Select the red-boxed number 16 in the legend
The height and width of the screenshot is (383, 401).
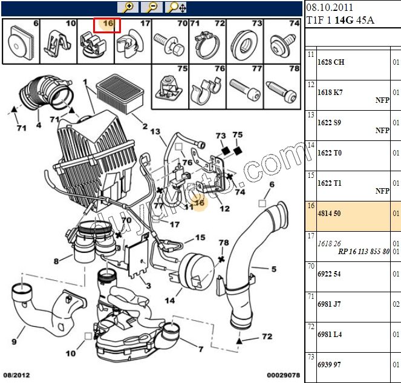tap(108, 24)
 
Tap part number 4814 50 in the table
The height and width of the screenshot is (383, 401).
tap(329, 214)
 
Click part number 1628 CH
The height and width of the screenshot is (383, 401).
tap(331, 62)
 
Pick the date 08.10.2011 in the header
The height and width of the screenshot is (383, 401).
tap(330, 8)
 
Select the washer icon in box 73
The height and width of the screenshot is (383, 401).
tap(246, 42)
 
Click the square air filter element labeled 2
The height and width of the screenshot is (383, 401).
tap(120, 93)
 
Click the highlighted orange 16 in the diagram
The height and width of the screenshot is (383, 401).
tap(199, 203)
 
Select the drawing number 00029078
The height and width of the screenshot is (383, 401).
tap(284, 376)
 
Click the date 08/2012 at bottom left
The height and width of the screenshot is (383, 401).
tap(16, 376)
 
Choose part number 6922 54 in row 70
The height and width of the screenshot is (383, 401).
tap(329, 274)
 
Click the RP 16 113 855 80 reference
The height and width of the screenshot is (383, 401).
tap(364, 250)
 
